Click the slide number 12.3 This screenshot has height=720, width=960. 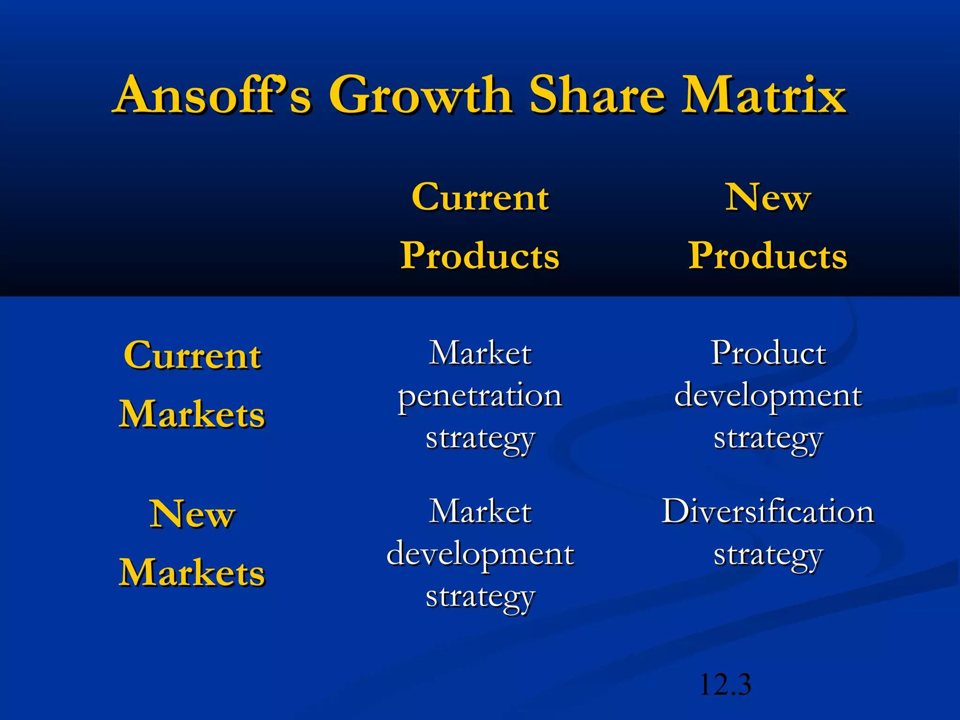click(x=725, y=685)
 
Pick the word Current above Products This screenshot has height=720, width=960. click(x=480, y=197)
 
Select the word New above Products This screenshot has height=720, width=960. click(x=768, y=197)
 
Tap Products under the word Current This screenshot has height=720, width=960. click(x=480, y=256)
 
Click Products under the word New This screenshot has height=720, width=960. click(x=768, y=256)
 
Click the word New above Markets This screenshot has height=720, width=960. click(x=192, y=514)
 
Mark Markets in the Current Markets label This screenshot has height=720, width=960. click(x=192, y=414)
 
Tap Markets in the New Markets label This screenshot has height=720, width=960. click(x=192, y=573)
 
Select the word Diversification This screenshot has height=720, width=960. click(x=768, y=511)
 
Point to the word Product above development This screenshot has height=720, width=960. click(x=768, y=352)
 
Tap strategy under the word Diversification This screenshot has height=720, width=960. click(x=768, y=556)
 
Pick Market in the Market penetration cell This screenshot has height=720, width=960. click(x=480, y=352)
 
